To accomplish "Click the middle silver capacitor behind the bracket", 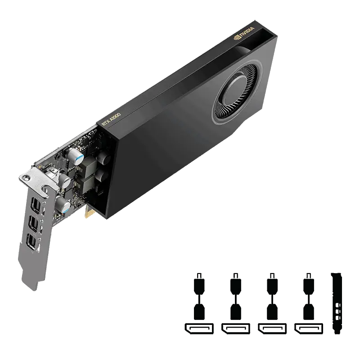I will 65,182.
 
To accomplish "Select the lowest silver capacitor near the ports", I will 66,207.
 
